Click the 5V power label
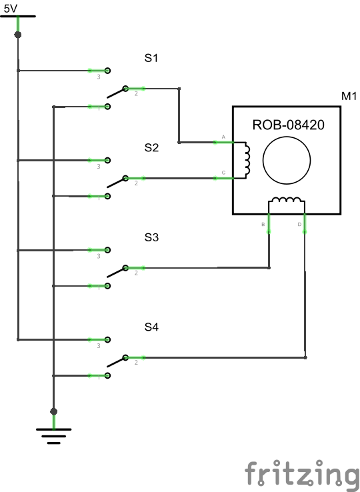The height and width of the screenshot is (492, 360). click(11, 9)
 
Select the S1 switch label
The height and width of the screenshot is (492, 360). click(151, 58)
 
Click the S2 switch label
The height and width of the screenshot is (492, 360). click(151, 148)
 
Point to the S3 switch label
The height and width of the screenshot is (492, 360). click(151, 237)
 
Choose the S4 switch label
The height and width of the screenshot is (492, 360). click(151, 327)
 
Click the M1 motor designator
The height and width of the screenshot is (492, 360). click(349, 97)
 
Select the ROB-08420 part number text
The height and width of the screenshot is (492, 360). click(287, 124)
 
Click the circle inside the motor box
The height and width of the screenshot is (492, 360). click(287, 161)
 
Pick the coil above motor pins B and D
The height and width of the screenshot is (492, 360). click(287, 201)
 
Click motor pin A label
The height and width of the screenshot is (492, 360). click(223, 136)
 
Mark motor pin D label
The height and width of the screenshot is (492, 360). click(299, 225)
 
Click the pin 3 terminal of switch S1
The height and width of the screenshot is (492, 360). click(107, 70)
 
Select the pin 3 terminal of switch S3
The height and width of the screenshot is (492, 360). click(107, 250)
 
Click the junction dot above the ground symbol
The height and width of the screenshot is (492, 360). click(53, 411)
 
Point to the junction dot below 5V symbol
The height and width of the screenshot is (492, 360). click(18, 35)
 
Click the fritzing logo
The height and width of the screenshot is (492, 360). click(301, 474)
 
